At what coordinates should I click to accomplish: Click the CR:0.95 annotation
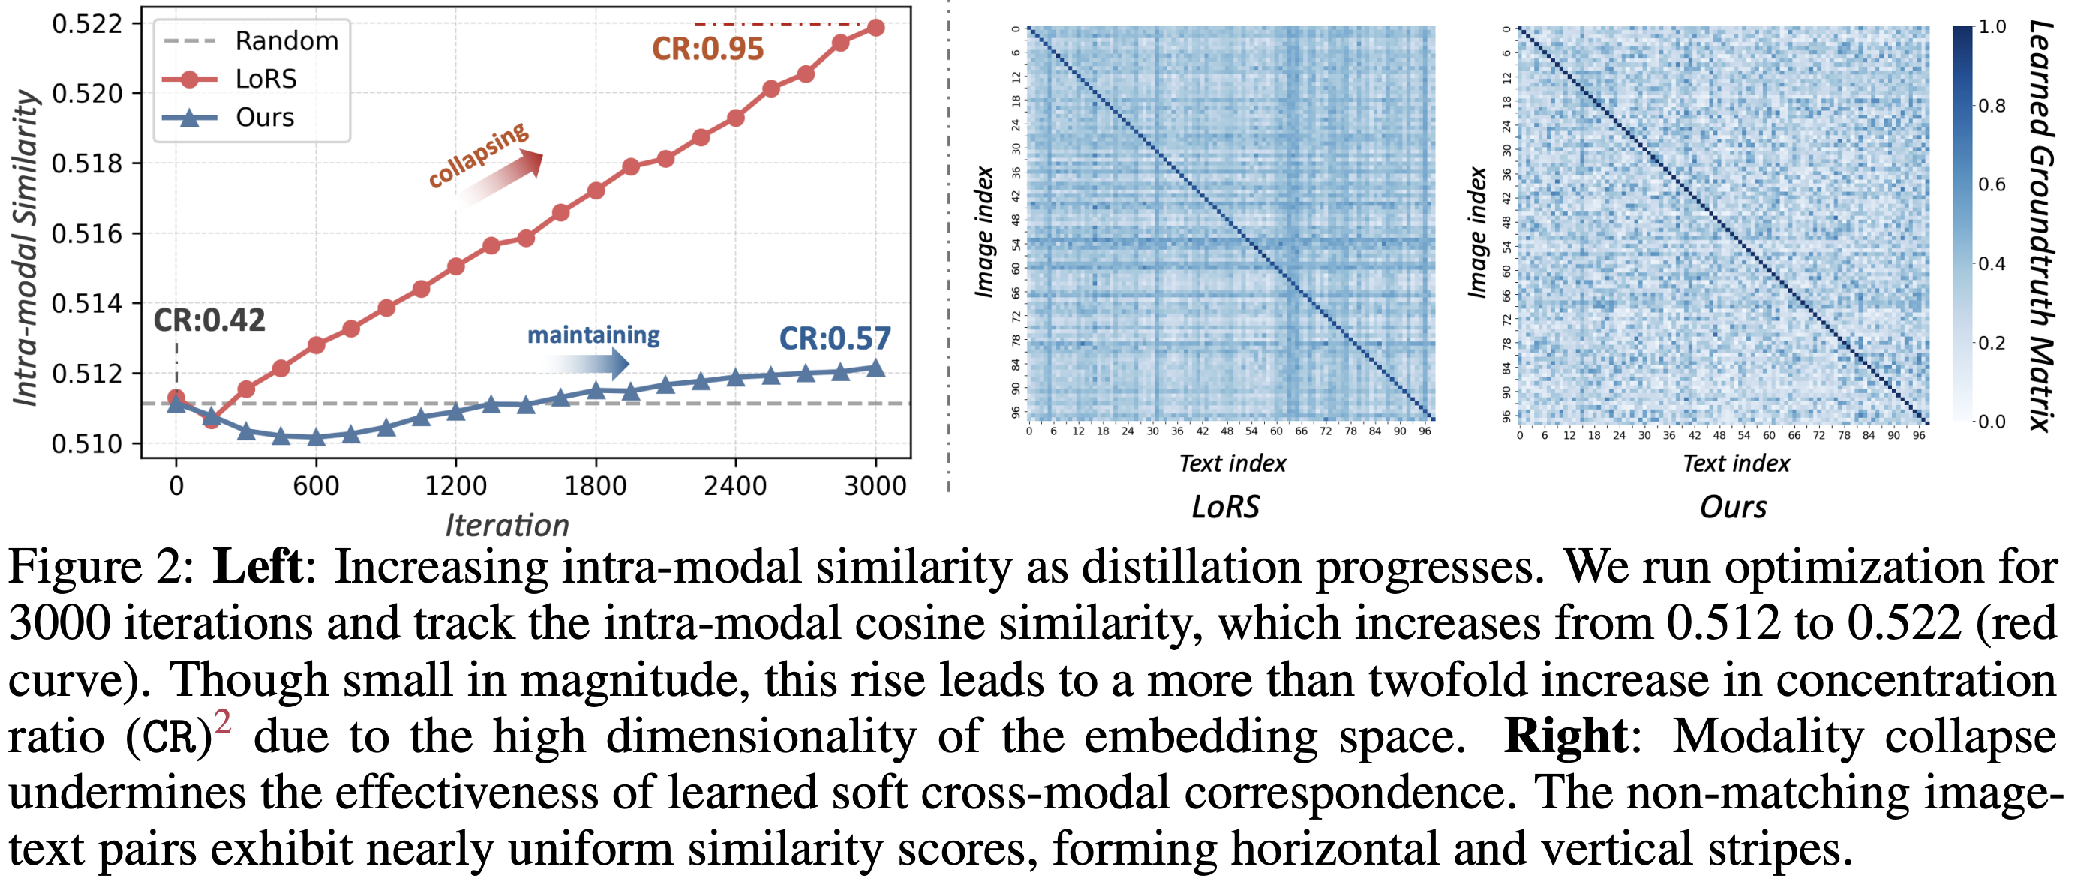tap(707, 49)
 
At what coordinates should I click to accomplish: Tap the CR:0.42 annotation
tap(209, 320)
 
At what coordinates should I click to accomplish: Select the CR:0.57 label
tap(834, 338)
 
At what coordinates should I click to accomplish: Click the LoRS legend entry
tap(266, 79)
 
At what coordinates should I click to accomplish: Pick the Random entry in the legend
tap(286, 41)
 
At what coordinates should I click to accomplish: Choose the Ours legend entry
tap(264, 118)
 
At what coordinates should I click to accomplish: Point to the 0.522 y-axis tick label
tap(87, 24)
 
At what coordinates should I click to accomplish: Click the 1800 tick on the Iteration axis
tap(596, 487)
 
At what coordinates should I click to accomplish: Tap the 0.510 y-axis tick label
tap(87, 444)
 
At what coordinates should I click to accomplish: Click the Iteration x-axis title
tap(507, 525)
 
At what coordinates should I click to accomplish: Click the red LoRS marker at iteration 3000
tap(875, 28)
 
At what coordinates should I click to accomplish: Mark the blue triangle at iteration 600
tap(317, 437)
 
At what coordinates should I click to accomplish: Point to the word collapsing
tap(478, 154)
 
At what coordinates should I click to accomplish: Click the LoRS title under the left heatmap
tap(1225, 508)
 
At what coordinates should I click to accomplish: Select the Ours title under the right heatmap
tap(1733, 508)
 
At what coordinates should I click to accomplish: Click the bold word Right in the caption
tap(1565, 737)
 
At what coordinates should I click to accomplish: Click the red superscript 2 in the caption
tap(221, 721)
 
